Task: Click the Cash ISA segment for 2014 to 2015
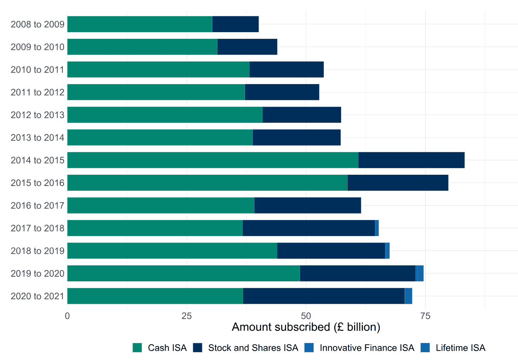pos(213,160)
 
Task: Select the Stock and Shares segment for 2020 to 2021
pos(324,296)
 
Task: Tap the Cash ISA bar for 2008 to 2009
pos(140,24)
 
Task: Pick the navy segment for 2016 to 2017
pos(308,205)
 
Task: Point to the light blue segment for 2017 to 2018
pos(377,228)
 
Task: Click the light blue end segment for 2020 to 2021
pos(409,296)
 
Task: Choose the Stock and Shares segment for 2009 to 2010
pos(247,47)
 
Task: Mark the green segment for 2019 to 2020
pos(184,273)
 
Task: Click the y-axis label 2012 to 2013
pos(38,115)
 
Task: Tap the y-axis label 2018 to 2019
pos(38,251)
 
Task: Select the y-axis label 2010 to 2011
pos(38,70)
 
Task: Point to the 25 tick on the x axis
pos(186,316)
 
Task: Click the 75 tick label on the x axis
pos(425,316)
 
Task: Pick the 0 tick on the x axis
pos(67,316)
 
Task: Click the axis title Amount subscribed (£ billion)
pos(306,327)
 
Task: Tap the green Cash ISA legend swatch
pos(137,348)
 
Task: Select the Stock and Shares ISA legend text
pos(253,348)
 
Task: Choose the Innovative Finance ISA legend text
pos(367,348)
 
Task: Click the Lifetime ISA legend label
pos(460,348)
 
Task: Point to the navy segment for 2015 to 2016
pos(398,183)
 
